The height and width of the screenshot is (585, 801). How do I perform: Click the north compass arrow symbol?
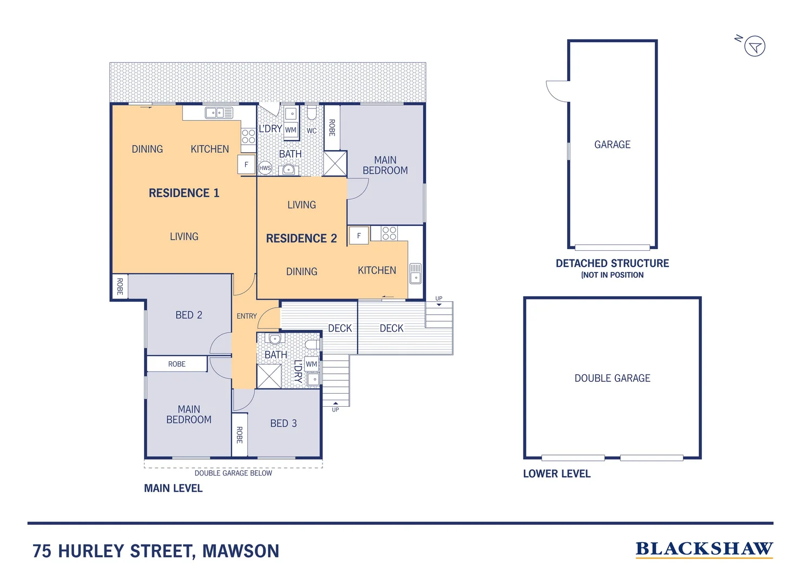pyautogui.click(x=754, y=46)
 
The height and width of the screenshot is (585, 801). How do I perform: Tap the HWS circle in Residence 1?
pyautogui.click(x=265, y=168)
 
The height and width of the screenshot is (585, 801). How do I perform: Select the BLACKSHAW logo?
pyautogui.click(x=704, y=549)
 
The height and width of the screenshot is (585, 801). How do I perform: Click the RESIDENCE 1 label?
pyautogui.click(x=184, y=193)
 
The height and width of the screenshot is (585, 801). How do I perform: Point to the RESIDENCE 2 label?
pyautogui.click(x=301, y=238)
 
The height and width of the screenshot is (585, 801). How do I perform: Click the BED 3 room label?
pyautogui.click(x=283, y=424)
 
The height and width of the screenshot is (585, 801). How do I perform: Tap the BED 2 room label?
pyautogui.click(x=188, y=315)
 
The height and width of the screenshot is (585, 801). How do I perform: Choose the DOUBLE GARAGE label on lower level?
pyautogui.click(x=612, y=378)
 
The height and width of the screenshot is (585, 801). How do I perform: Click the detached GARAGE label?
pyautogui.click(x=612, y=145)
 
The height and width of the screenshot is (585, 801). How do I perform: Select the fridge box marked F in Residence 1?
pyautogui.click(x=246, y=165)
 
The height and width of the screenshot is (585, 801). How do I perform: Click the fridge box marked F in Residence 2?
pyautogui.click(x=359, y=236)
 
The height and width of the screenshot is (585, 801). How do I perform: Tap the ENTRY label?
pyautogui.click(x=247, y=316)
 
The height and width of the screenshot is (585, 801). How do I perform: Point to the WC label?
pyautogui.click(x=312, y=131)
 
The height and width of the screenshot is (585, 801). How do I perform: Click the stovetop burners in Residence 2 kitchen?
pyautogui.click(x=389, y=233)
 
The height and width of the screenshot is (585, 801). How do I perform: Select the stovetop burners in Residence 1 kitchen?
pyautogui.click(x=248, y=136)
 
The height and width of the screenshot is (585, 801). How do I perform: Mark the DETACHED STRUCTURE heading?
pyautogui.click(x=612, y=263)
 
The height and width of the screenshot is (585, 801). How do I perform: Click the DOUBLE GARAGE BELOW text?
pyautogui.click(x=233, y=473)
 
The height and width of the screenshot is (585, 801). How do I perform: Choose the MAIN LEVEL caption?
pyautogui.click(x=173, y=488)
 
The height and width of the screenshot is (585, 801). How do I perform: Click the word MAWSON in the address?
pyautogui.click(x=241, y=551)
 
